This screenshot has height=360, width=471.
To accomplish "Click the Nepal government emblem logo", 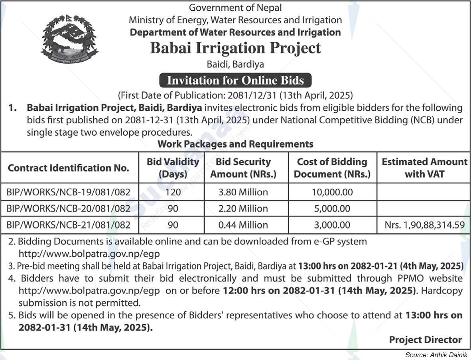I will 69,40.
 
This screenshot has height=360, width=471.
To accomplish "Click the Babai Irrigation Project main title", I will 235,48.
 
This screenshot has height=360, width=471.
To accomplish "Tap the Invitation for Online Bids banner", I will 235,80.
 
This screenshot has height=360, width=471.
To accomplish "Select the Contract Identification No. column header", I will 69,168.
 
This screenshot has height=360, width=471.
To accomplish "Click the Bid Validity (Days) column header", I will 173,168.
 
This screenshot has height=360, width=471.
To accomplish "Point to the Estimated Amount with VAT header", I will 424,168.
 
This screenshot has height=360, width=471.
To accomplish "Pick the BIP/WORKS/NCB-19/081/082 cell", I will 69,192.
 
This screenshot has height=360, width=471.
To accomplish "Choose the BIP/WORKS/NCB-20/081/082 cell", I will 69,209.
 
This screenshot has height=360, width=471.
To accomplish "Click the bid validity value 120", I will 173,192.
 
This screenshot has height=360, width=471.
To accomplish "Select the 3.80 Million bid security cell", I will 243,192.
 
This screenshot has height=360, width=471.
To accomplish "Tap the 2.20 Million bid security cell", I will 243,209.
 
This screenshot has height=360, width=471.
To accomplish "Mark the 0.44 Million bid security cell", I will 243,225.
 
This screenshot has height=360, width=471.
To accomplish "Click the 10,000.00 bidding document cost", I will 333,192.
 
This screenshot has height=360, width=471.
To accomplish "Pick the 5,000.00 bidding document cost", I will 333,209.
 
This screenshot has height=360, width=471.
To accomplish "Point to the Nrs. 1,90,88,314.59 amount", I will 424,225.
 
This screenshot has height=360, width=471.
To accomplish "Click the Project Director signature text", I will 425,340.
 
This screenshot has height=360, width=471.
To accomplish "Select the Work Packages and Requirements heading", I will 235,144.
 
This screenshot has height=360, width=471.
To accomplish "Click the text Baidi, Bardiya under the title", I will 235,64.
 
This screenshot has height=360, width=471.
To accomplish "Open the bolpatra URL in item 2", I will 89,253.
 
